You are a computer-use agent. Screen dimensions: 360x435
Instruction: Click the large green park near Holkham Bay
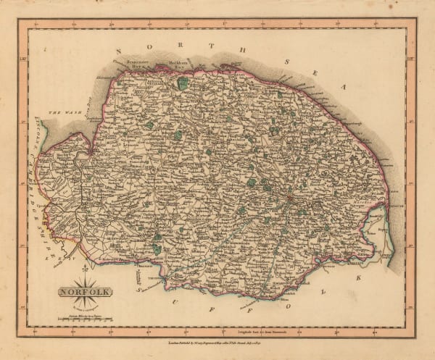[182, 85]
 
